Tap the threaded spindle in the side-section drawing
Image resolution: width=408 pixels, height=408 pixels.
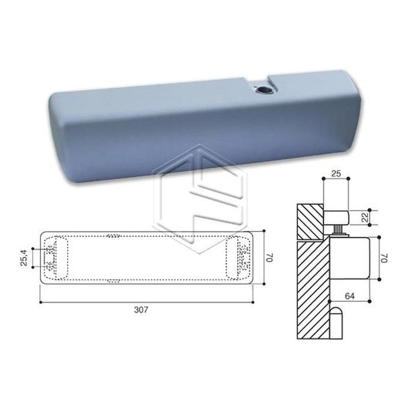pos(340,229)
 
